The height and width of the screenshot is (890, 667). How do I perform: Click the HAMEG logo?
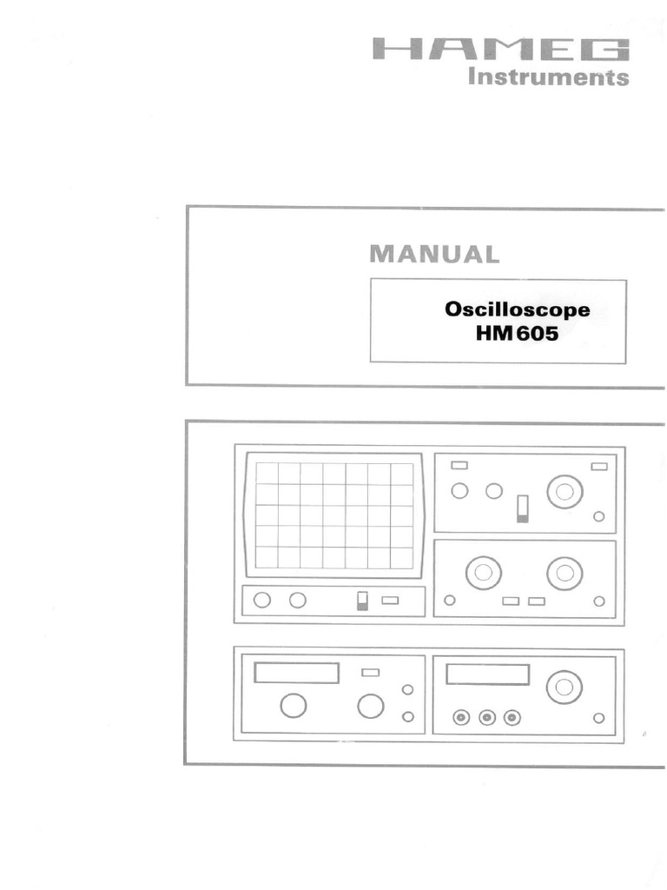click(x=500, y=50)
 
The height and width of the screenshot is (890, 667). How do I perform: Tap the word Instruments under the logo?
click(x=548, y=77)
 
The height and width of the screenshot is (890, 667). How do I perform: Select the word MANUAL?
click(x=434, y=254)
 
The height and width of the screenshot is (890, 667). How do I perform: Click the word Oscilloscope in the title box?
click(x=517, y=309)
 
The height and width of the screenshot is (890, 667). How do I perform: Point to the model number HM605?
click(x=517, y=333)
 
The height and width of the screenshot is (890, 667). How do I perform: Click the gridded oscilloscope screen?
click(x=334, y=515)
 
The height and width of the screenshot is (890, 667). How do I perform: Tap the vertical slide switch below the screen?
click(x=363, y=601)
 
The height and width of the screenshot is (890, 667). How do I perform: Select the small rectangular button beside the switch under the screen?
click(x=390, y=600)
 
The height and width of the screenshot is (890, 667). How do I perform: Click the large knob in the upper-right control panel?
click(x=565, y=491)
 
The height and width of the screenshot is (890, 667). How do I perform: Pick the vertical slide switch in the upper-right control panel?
click(x=522, y=508)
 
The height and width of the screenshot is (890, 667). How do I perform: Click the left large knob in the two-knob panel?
click(x=483, y=572)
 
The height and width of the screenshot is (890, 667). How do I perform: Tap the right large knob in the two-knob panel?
click(x=565, y=572)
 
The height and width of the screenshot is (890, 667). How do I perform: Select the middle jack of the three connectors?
click(x=487, y=717)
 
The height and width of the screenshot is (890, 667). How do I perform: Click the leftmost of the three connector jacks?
click(x=461, y=717)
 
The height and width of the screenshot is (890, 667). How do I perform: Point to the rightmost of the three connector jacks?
click(x=512, y=717)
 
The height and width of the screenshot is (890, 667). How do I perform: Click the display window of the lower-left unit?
click(x=296, y=673)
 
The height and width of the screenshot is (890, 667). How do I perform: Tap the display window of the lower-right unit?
click(x=487, y=674)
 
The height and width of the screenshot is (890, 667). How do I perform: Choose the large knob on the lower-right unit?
click(x=565, y=687)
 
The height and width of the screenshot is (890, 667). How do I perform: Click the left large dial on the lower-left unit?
click(x=294, y=706)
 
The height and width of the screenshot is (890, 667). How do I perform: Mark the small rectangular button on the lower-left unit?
click(x=371, y=672)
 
